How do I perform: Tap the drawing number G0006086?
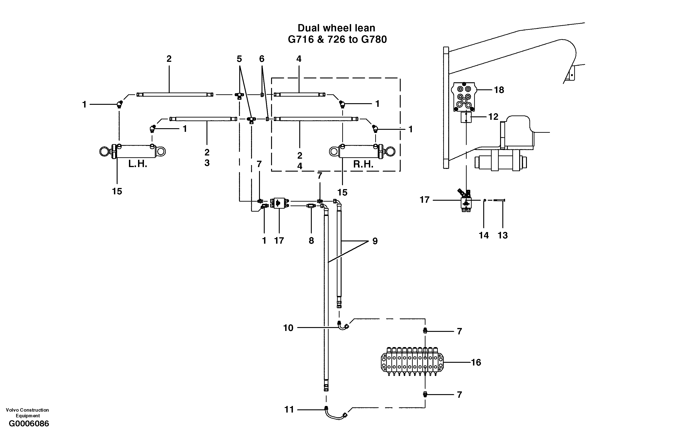29,424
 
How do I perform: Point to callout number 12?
493,117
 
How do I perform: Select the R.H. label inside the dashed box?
363,164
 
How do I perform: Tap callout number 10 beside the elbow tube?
288,328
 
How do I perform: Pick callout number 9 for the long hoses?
375,241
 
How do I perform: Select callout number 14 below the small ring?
483,235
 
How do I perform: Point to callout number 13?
503,235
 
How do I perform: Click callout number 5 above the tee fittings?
239,59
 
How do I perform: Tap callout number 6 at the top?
262,59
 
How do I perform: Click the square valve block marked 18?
464,97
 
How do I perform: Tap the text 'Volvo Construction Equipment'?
27,413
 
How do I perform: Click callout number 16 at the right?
476,362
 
